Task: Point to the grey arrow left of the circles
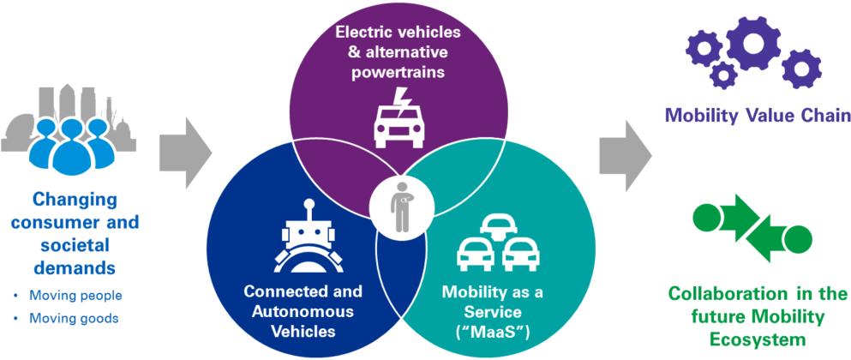pyautogui.click(x=186, y=150)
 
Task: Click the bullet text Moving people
pyautogui.click(x=75, y=296)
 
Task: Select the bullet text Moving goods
pyautogui.click(x=74, y=318)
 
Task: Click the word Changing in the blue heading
pyautogui.click(x=75, y=201)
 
